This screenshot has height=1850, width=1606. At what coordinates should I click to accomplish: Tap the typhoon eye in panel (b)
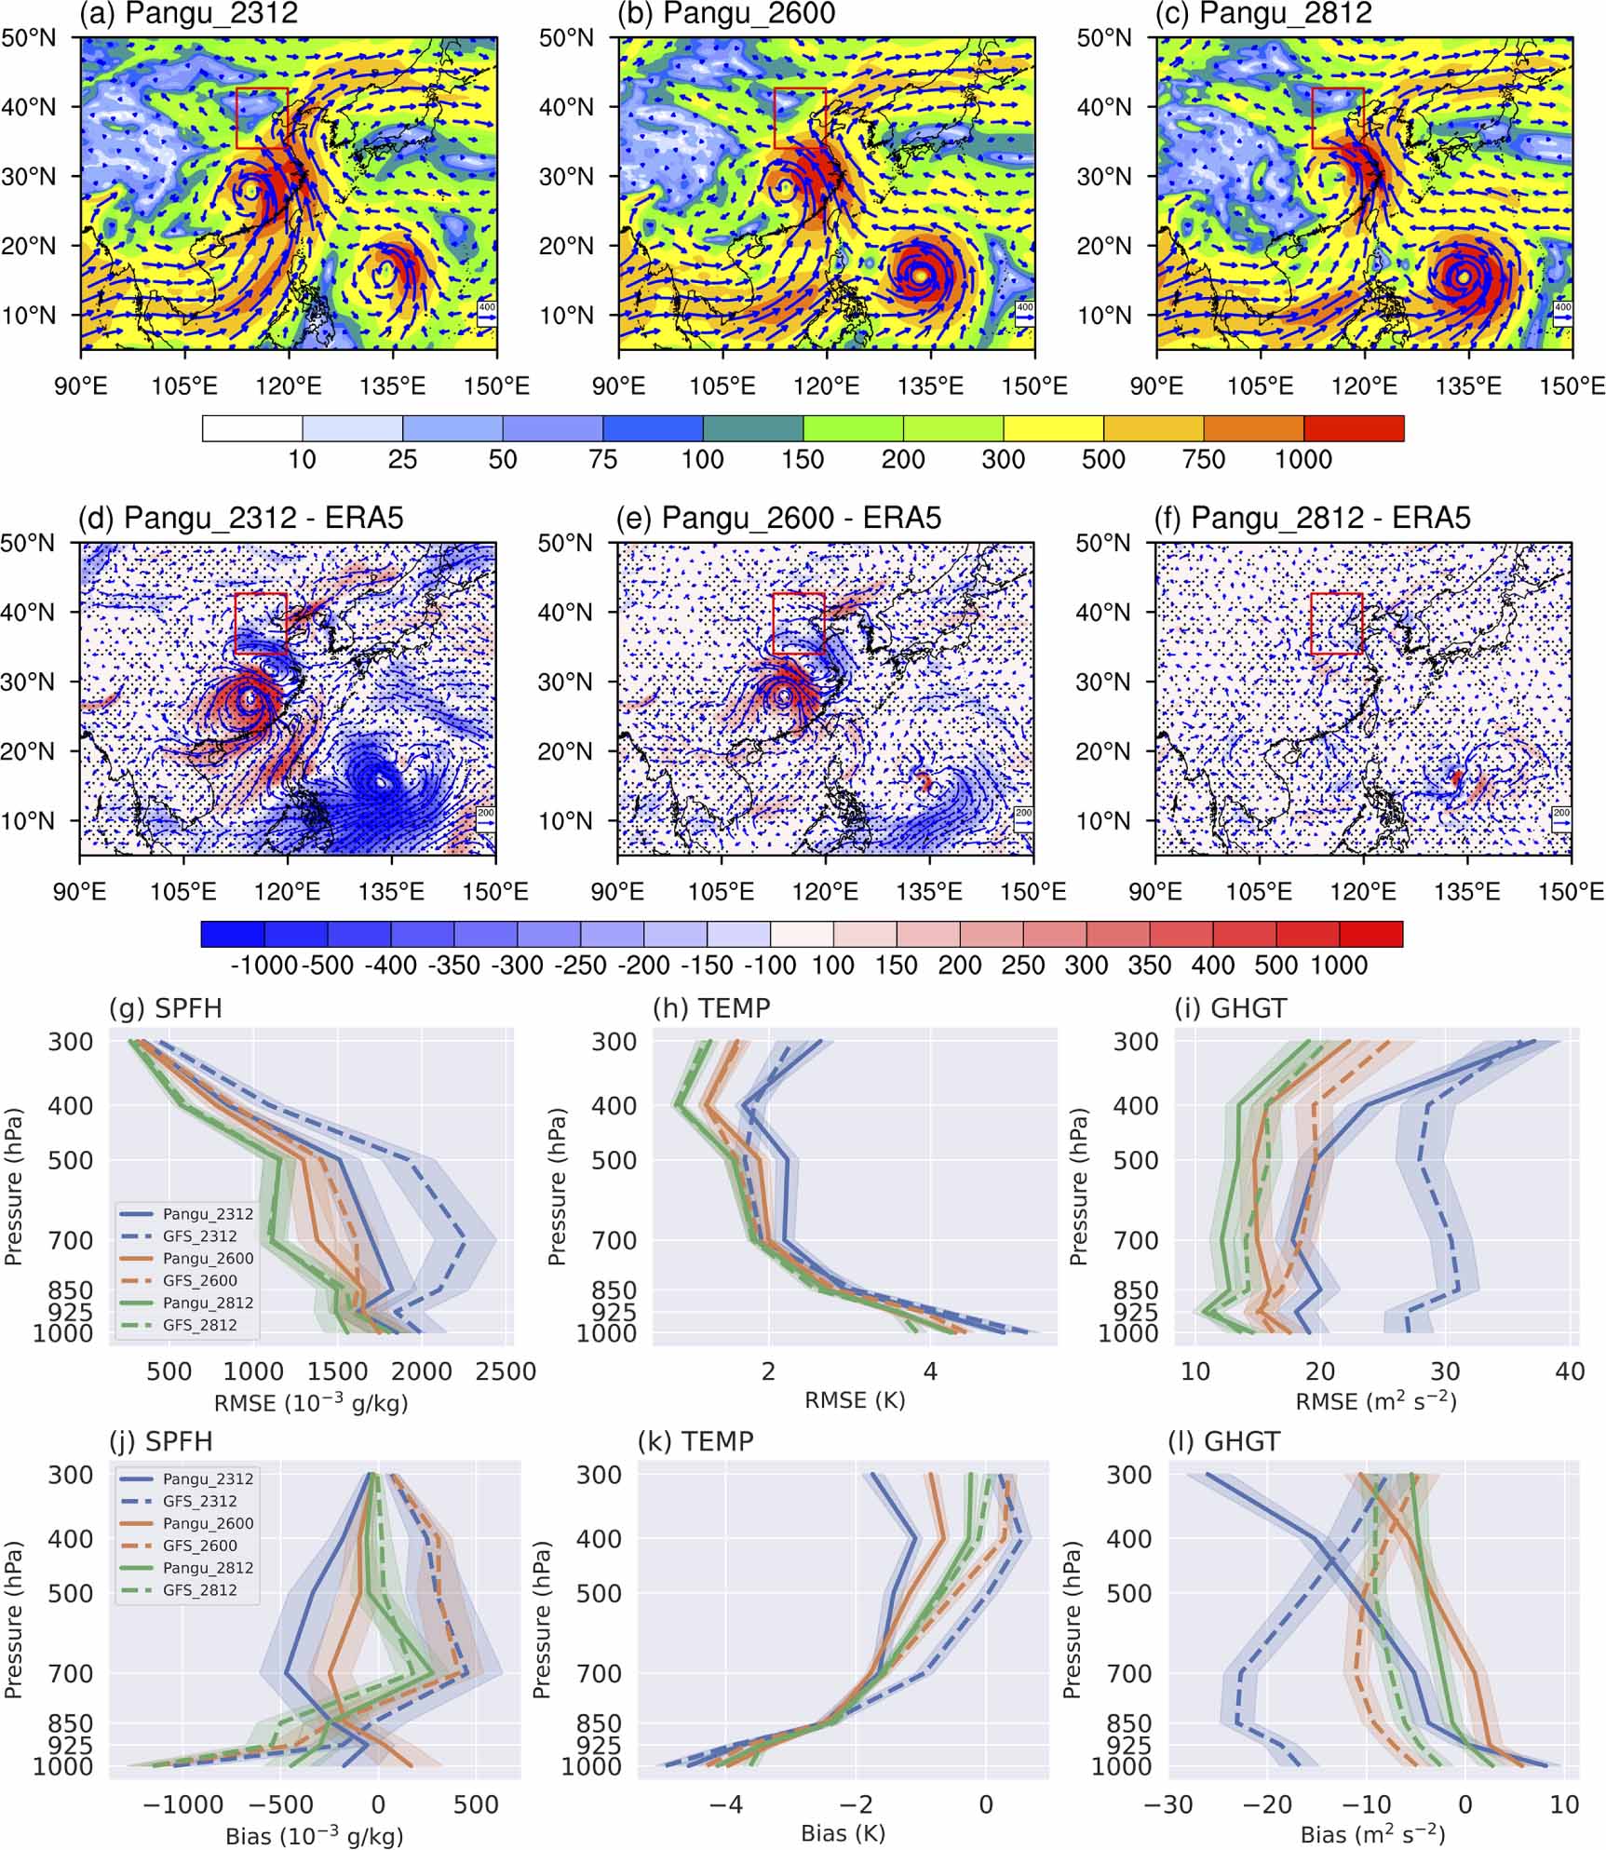[x=920, y=275]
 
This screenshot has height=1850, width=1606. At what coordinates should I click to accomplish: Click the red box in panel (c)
[x=1337, y=118]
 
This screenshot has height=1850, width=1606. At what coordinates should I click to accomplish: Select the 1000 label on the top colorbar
[x=1303, y=459]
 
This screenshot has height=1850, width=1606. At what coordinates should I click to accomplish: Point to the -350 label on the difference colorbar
[x=454, y=966]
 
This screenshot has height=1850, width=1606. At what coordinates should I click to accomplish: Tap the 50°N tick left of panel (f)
[x=1103, y=544]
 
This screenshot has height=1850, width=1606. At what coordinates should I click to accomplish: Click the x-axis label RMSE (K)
[x=855, y=1400]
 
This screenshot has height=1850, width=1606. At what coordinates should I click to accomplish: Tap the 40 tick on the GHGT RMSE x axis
[x=1570, y=1371]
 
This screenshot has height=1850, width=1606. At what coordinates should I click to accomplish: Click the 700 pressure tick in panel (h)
[x=614, y=1241]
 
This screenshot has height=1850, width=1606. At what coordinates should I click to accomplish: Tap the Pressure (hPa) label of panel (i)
[x=1079, y=1187]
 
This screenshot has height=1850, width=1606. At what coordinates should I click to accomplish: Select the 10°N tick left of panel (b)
[x=566, y=316]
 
